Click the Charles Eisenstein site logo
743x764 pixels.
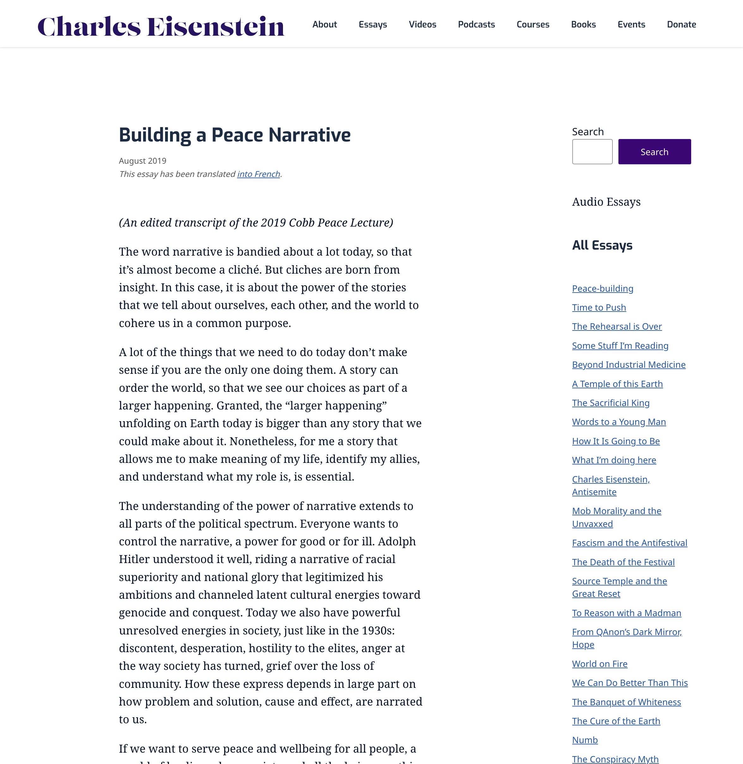click(161, 26)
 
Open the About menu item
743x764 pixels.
click(324, 25)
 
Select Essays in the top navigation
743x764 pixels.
click(373, 25)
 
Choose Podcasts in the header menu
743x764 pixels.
click(476, 25)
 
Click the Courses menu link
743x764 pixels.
click(533, 25)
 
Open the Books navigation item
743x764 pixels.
click(583, 25)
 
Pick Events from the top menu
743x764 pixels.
click(631, 25)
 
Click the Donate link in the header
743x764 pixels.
click(681, 25)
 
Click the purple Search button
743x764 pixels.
click(654, 152)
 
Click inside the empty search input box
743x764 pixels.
click(592, 152)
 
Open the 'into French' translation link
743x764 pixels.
click(258, 174)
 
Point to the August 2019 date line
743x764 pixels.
click(142, 161)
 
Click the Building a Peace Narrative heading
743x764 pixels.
click(235, 135)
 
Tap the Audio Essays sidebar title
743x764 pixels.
click(606, 202)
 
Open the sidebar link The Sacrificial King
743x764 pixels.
click(610, 403)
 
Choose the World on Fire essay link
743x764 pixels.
click(599, 664)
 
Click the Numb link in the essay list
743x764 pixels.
click(585, 740)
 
